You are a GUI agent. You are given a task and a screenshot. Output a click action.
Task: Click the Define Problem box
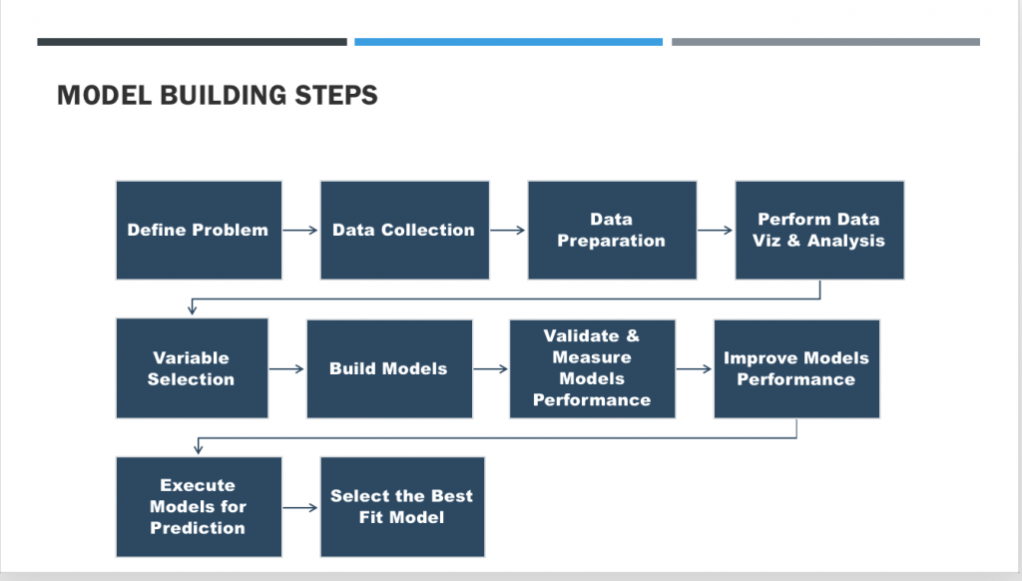pos(199,231)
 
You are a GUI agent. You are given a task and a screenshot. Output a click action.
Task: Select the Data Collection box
pos(405,231)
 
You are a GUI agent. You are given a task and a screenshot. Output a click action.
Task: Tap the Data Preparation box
pos(612,231)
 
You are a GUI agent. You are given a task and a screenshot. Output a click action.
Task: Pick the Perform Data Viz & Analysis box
pos(819,231)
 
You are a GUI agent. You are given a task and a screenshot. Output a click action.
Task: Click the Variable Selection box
pos(193,368)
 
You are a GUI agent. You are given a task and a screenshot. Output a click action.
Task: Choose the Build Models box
pos(390,369)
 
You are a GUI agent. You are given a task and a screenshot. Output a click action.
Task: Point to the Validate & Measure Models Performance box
pos(593,369)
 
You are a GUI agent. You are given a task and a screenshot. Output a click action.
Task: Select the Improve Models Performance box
pos(796,369)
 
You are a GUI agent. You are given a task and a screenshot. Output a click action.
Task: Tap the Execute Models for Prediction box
pos(199,507)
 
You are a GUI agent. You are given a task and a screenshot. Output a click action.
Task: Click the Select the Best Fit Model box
pos(402,507)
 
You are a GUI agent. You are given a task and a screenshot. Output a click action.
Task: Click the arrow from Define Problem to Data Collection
pos(300,231)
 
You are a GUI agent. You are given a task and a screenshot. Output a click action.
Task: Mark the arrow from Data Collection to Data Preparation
pos(508,231)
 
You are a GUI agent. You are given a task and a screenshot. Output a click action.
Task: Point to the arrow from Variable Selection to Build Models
pos(286,369)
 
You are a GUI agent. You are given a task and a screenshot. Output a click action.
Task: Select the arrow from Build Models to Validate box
pos(491,369)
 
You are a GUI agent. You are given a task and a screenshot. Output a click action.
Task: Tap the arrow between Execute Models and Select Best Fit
pos(300,507)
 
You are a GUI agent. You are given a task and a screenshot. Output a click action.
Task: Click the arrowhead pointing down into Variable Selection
pos(193,309)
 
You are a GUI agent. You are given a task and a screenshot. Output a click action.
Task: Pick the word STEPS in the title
pos(336,95)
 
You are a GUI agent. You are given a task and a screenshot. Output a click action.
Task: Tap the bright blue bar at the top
pos(508,42)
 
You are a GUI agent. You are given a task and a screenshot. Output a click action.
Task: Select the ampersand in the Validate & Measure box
pos(633,335)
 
